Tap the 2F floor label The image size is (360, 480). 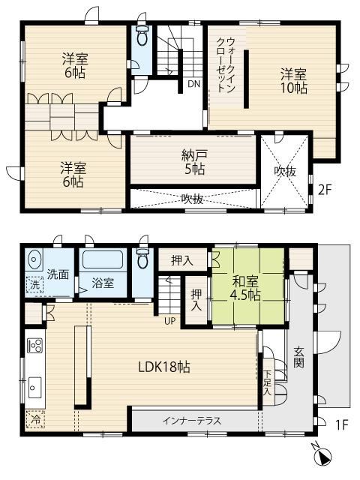click(325, 190)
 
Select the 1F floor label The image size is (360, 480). click(342, 425)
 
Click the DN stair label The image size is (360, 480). click(193, 83)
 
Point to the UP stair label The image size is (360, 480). click(170, 321)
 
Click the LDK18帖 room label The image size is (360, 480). click(164, 367)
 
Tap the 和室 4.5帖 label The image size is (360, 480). click(245, 288)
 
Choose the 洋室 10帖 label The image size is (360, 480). click(294, 81)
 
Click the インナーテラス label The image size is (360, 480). click(192, 421)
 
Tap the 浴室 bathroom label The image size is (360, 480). click(103, 283)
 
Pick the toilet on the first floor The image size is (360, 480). click(142, 258)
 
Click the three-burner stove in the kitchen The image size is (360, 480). click(34, 345)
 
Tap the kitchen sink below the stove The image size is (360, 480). click(34, 388)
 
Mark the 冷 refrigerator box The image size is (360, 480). click(36, 419)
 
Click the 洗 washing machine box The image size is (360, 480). click(34, 285)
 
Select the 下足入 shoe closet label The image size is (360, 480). click(268, 383)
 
